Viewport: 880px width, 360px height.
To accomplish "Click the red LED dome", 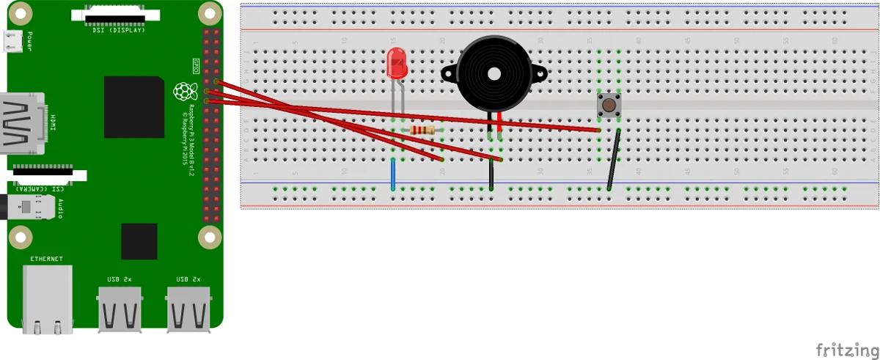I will pyautogui.click(x=397, y=63).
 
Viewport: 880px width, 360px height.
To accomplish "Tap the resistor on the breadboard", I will pyautogui.click(x=422, y=131).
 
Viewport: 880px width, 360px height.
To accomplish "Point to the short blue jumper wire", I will pyautogui.click(x=394, y=173).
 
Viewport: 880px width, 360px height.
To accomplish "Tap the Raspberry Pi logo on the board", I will pyautogui.click(x=185, y=92).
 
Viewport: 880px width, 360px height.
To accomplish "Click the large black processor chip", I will pyautogui.click(x=133, y=106).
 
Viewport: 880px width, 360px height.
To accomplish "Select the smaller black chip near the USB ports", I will pyautogui.click(x=139, y=242).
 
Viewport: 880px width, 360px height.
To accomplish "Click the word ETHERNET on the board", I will pyautogui.click(x=46, y=259).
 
